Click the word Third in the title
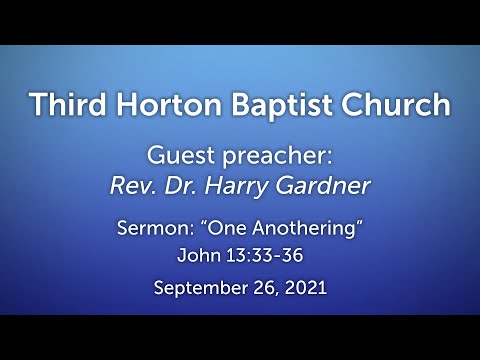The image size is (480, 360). coord(66,104)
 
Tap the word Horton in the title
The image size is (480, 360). coord(159,104)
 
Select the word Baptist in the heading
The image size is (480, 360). coord(262,105)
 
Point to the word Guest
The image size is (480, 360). coord(177,157)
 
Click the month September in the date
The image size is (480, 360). coord(198,290)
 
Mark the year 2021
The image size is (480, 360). coord(304,289)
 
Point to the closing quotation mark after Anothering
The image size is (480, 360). coord(356,223)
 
